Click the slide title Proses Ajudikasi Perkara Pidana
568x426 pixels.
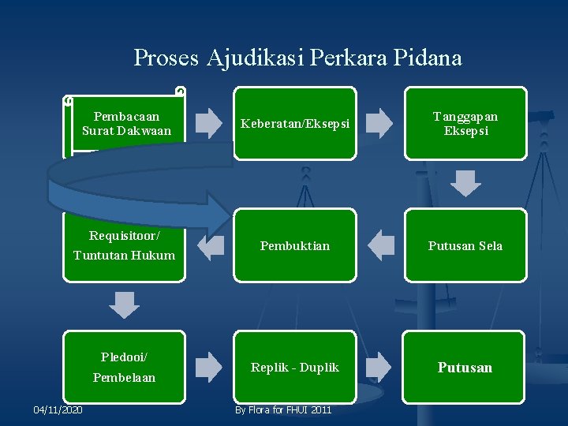point(297,58)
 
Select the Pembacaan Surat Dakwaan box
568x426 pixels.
point(126,123)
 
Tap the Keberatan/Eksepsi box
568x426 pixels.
point(294,124)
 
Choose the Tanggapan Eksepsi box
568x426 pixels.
point(465,124)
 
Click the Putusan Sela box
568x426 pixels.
point(465,245)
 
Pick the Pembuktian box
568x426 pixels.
point(294,245)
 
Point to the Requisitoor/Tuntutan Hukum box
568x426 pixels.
point(124,245)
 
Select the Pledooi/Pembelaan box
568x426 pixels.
point(124,367)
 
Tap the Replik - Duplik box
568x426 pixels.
point(294,367)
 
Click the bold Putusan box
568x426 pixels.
point(465,367)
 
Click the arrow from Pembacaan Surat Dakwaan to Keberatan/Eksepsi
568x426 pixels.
point(209,123)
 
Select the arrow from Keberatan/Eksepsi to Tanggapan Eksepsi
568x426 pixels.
point(380,123)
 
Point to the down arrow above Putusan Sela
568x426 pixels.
point(465,183)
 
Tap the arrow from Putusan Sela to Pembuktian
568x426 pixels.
point(381,245)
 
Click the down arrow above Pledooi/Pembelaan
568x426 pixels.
point(124,305)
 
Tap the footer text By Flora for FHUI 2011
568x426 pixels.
point(283,409)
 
